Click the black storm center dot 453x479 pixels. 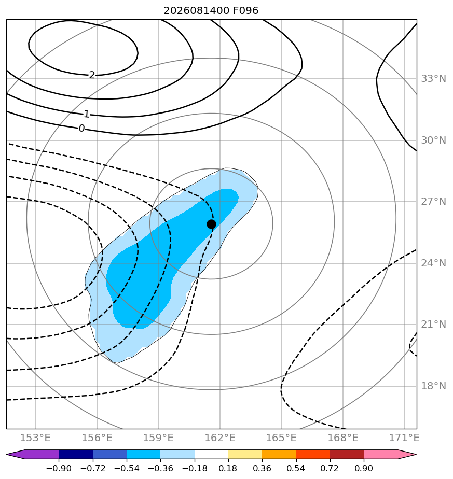point(211,224)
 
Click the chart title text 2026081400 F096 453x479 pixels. point(211,11)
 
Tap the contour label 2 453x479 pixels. point(92,75)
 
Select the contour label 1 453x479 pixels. point(87,114)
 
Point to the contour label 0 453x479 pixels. point(81,129)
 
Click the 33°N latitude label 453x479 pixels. point(433,79)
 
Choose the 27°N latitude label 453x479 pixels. point(433,202)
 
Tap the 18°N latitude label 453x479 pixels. point(433,386)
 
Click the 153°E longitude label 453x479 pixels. point(35,438)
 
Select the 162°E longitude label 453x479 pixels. point(220,438)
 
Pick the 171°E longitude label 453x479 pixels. point(404,438)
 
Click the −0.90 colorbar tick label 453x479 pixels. point(59,468)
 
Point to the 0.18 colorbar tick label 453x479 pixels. point(228,468)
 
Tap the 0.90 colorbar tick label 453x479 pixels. point(364,468)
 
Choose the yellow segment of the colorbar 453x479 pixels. point(245,454)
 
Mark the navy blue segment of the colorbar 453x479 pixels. point(76,454)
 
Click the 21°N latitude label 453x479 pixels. point(433,324)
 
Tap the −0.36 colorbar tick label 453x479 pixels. point(160,468)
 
